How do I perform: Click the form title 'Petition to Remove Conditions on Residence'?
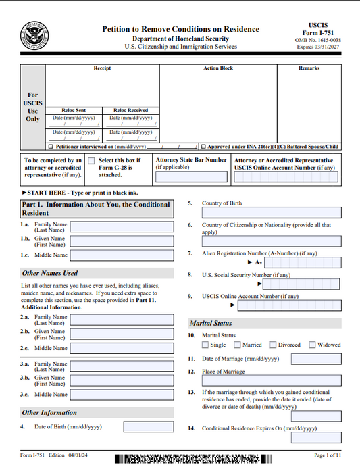point(180,29)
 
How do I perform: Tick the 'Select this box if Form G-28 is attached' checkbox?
point(91,161)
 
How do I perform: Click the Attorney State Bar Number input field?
point(191,178)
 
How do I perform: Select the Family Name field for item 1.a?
point(122,227)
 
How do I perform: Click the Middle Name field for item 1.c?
point(122,255)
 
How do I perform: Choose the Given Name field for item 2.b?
point(122,334)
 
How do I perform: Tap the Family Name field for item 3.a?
point(122,366)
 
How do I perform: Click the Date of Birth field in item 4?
point(148,427)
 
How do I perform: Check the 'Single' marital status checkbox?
point(205,345)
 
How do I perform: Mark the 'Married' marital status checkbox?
point(238,345)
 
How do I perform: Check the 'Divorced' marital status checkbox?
point(273,345)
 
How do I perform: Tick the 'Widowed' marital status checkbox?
point(312,345)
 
